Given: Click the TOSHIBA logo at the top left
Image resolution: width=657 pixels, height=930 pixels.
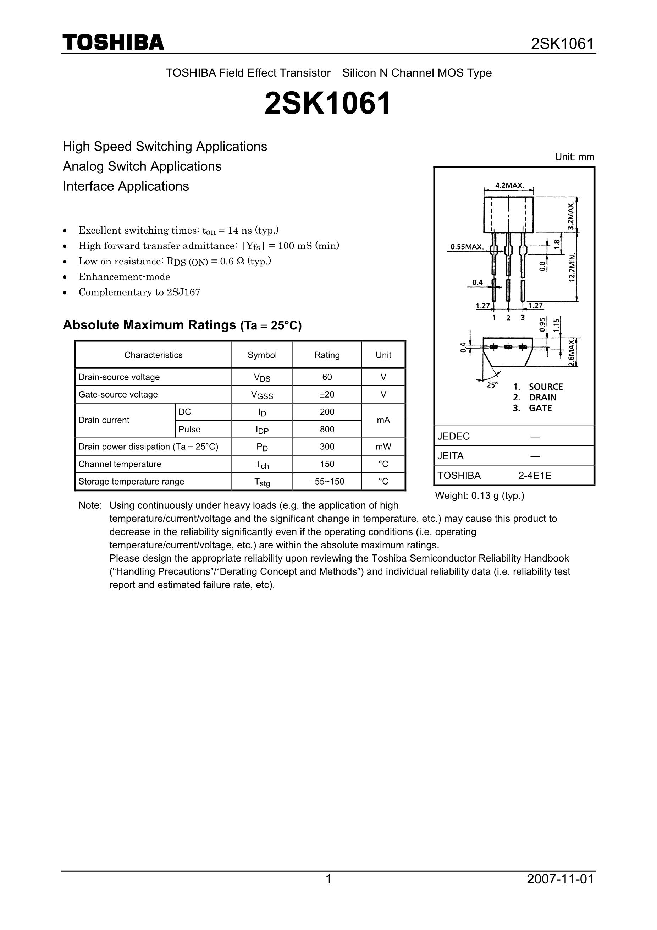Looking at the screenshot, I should click(114, 43).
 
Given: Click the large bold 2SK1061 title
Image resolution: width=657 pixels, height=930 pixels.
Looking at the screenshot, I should click(327, 103).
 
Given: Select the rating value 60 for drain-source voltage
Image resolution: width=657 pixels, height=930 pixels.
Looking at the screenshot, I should click(327, 377).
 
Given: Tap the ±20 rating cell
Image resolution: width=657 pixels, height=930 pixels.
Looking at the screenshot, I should click(327, 394).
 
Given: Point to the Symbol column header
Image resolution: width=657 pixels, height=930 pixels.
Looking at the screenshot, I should click(262, 355).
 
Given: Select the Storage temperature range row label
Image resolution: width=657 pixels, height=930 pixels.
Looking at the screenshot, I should click(131, 482).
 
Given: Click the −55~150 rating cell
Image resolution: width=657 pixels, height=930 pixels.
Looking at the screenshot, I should click(327, 482).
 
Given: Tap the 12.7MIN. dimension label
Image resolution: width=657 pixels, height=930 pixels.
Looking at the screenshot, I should click(572, 267).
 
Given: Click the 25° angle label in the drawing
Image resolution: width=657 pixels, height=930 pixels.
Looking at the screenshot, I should click(492, 385).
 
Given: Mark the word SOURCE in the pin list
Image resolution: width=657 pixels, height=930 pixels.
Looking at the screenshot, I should click(546, 387).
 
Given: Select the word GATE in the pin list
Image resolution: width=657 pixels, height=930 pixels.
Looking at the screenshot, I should click(540, 408).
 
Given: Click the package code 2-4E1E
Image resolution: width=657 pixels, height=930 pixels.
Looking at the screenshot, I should click(535, 476).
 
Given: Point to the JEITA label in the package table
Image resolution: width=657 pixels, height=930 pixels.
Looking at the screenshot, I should click(451, 456).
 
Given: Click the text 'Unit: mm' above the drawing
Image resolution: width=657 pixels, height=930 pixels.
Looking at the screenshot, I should click(574, 157).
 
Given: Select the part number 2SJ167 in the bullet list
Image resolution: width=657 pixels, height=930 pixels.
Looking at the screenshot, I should click(183, 292).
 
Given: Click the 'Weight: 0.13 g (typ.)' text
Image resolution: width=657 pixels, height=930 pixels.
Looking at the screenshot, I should click(479, 496).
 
